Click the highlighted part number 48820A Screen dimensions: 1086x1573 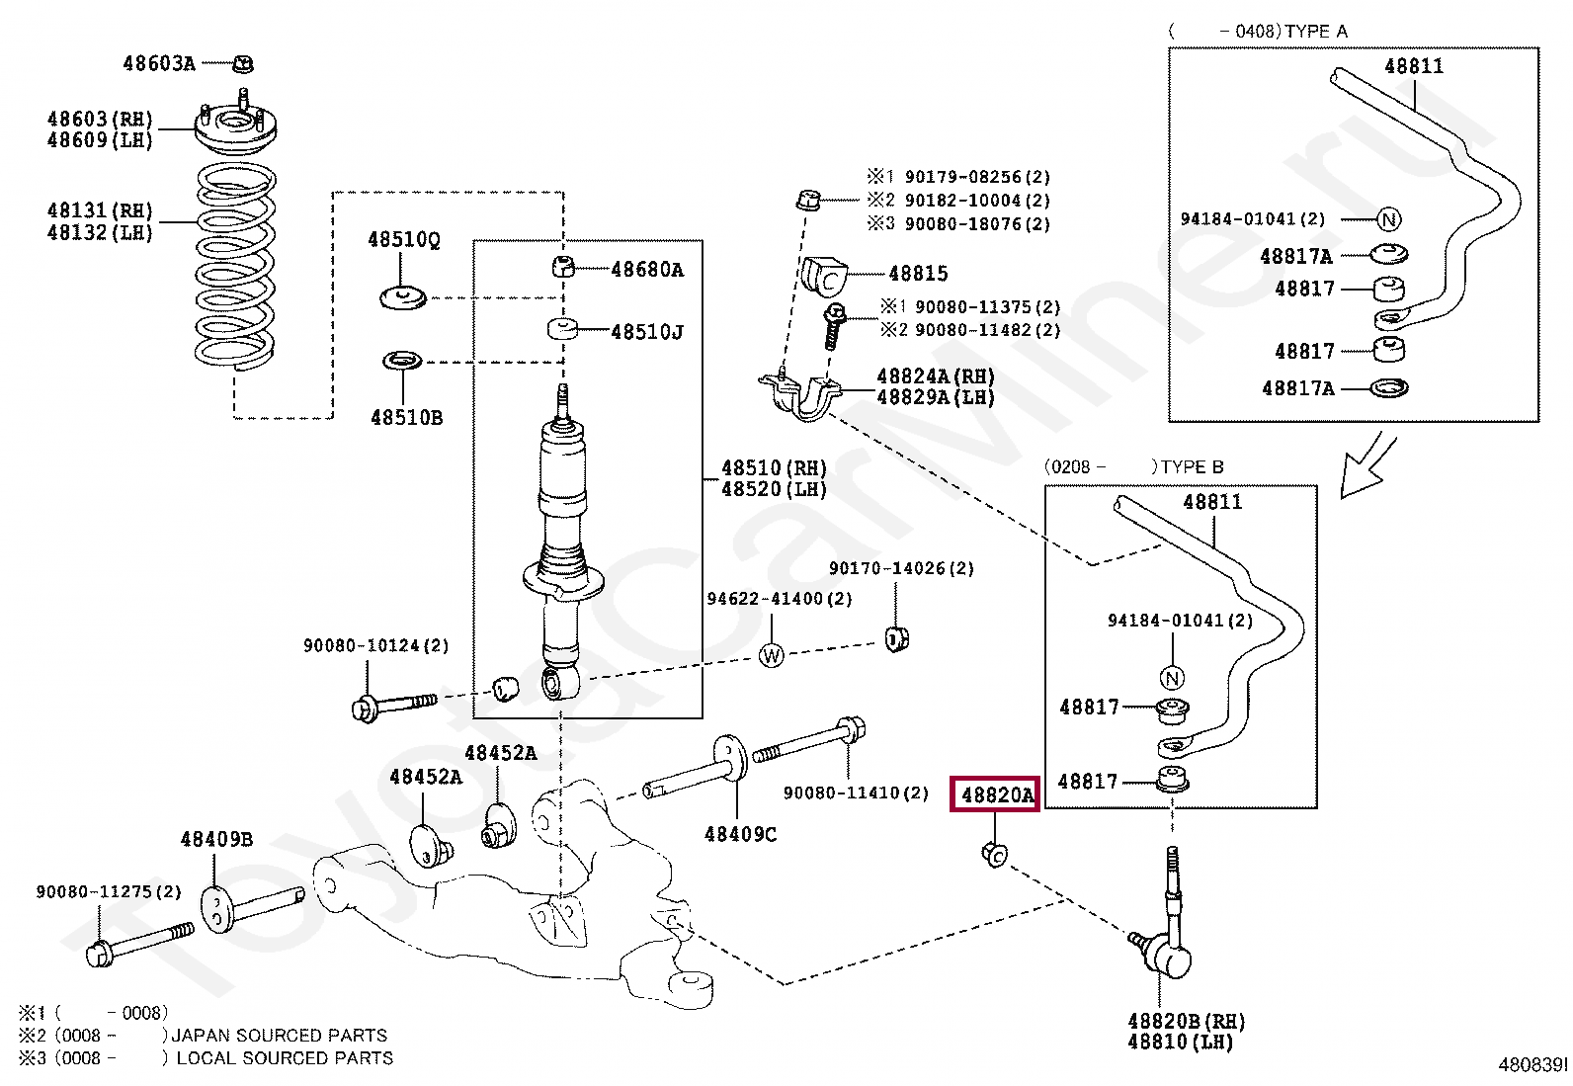tap(995, 794)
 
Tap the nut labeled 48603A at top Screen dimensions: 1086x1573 tap(243, 64)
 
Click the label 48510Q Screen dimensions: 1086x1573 tap(404, 240)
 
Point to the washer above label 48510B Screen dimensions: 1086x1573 tap(402, 361)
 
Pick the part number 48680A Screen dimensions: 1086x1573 tap(647, 270)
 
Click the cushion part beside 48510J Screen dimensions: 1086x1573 tap(562, 328)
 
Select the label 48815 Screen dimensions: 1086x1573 tap(918, 274)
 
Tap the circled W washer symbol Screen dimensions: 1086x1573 tap(772, 655)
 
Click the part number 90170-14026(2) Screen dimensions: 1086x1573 tap(901, 568)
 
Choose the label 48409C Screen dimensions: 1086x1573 tap(740, 835)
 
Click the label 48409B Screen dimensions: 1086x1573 tap(216, 840)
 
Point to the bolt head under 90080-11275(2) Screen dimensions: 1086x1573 tap(99, 955)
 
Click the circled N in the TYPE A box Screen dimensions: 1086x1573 tap(1388, 219)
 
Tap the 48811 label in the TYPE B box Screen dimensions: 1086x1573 tap(1212, 502)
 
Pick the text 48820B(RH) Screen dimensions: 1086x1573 tap(1186, 1021)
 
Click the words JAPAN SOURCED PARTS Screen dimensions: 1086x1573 tap(280, 1036)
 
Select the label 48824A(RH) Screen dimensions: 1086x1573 tap(935, 376)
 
